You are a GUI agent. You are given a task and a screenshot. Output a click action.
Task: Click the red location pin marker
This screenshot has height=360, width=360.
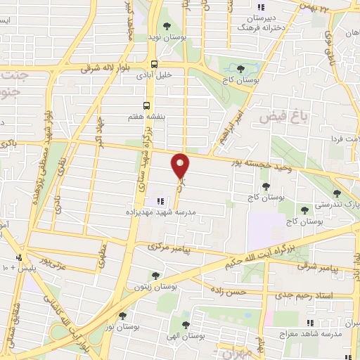tap(181, 166)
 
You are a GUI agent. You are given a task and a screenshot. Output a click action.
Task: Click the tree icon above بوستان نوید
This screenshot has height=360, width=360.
tap(167, 26)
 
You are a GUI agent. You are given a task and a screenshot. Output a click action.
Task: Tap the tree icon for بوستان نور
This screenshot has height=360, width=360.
tap(122, 316)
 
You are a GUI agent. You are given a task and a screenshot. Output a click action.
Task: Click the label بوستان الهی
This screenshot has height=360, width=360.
tap(186, 337)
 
